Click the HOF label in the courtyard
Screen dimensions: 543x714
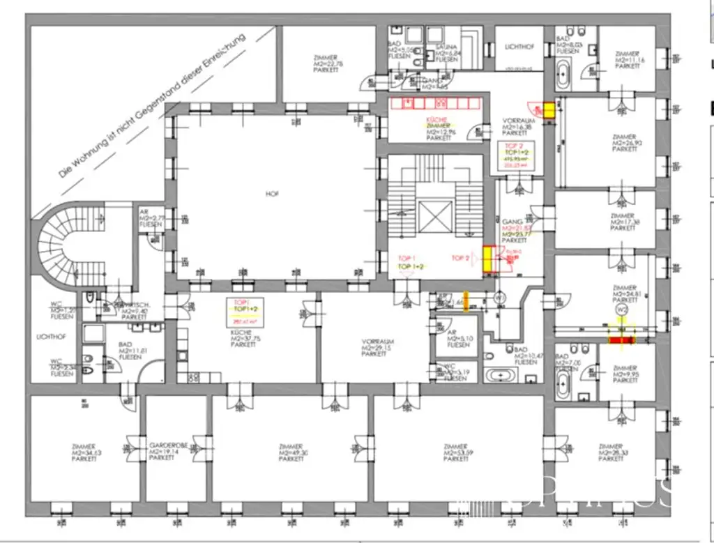coord(272,193)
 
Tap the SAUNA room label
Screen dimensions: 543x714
coord(446,53)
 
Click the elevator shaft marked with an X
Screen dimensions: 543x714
coord(435,217)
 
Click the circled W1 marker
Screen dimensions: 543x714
coord(499,298)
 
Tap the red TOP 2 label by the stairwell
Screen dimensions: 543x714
coord(460,258)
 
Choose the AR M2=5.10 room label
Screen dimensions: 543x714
coord(458,339)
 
